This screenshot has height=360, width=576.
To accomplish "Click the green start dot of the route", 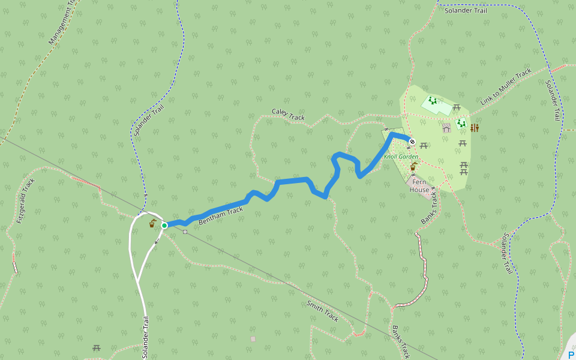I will click(164, 225).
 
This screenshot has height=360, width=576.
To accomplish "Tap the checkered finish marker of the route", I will click(412, 142).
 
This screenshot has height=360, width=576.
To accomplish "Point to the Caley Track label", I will click(288, 114).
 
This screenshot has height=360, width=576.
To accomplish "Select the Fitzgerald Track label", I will click(26, 200).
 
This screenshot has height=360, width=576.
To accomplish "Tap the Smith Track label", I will click(322, 311).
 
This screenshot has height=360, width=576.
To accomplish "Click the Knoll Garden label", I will click(401, 157).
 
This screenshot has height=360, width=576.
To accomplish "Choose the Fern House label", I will click(419, 185).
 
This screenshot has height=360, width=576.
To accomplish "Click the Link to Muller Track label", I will click(506, 87).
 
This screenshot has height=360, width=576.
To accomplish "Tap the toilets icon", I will click(475, 128).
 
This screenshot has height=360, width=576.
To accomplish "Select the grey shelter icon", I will click(446, 128).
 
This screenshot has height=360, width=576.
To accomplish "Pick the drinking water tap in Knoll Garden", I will click(413, 166).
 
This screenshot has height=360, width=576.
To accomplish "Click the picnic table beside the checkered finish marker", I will click(424, 145).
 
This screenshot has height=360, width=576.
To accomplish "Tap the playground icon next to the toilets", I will click(461, 124).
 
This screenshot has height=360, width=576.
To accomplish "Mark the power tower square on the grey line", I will click(185, 232).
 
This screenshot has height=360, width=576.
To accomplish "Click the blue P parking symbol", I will click(571, 355).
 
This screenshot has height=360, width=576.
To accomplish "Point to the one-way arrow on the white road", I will click(157, 242).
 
